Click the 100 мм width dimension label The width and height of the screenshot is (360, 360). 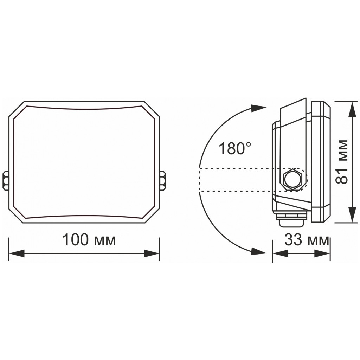click(89, 240)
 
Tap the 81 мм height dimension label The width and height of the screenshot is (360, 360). click(342, 161)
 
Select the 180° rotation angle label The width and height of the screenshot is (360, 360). click(235, 149)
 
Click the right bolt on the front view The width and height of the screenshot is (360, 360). click(163, 180)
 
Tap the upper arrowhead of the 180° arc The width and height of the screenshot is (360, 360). click(259, 108)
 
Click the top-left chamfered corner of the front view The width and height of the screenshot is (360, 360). click(16, 109)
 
